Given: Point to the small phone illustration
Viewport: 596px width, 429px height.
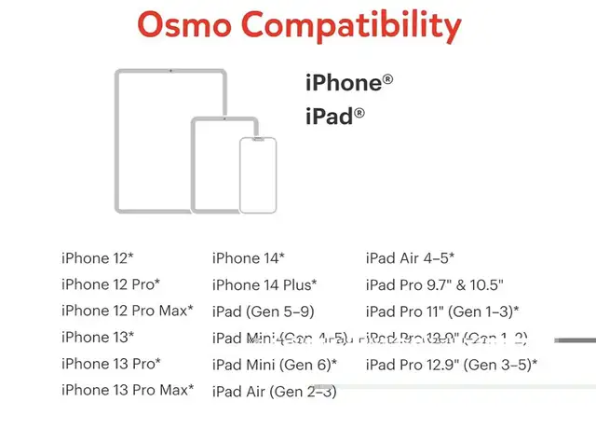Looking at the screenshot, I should click(258, 174).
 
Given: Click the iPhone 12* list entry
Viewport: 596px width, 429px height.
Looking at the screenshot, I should click(98, 258).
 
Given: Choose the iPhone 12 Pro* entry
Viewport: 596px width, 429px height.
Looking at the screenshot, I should click(111, 284).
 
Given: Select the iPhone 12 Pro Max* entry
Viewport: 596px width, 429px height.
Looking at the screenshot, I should click(128, 311).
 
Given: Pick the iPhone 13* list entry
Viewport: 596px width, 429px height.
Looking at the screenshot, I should click(98, 337).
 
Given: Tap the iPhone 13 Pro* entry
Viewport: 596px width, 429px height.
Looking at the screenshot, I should click(111, 363).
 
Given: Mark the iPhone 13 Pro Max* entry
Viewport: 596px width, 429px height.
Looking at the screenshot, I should click(128, 389).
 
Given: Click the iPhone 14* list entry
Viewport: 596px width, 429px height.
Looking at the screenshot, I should click(249, 258).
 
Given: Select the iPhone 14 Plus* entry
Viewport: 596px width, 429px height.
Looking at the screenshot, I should click(264, 284).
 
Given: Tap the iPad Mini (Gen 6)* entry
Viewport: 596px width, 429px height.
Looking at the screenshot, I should click(275, 364).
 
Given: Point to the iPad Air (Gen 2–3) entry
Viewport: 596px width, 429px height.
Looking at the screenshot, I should click(275, 393).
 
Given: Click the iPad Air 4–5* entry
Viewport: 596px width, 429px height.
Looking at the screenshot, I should click(410, 258).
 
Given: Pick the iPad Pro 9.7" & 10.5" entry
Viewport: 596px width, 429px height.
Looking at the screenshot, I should click(434, 284).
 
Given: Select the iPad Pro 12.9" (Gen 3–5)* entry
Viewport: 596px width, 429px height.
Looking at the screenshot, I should click(452, 364).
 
